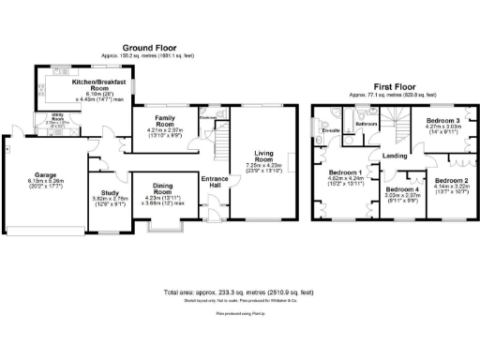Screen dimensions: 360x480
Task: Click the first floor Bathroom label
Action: [366, 124]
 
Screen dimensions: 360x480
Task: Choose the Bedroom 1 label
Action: [345, 173]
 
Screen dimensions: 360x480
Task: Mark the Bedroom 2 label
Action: [451, 181]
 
